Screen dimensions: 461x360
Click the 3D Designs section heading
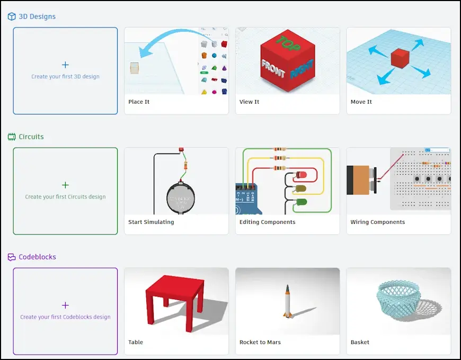click(37, 16)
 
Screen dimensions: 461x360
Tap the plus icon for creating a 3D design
click(65, 65)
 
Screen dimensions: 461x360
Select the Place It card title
click(139, 102)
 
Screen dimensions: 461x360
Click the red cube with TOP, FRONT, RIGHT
click(288, 60)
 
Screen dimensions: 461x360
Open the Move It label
click(361, 102)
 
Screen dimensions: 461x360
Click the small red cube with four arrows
click(400, 58)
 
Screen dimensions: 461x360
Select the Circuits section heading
click(31, 137)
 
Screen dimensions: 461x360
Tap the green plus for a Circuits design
click(65, 185)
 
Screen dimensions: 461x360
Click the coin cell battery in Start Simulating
click(181, 199)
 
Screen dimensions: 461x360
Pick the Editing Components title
click(267, 222)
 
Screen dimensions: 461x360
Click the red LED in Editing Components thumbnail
click(301, 175)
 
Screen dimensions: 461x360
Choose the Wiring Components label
click(377, 222)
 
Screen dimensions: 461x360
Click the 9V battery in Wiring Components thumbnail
click(361, 180)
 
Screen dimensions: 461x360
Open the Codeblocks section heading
click(37, 257)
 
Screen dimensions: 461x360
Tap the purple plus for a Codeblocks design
click(65, 305)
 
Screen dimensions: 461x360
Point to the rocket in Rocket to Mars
click(287, 301)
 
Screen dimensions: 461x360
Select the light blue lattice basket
click(398, 297)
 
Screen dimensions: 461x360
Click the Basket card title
click(360, 343)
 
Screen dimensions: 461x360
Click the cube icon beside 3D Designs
click(12, 16)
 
